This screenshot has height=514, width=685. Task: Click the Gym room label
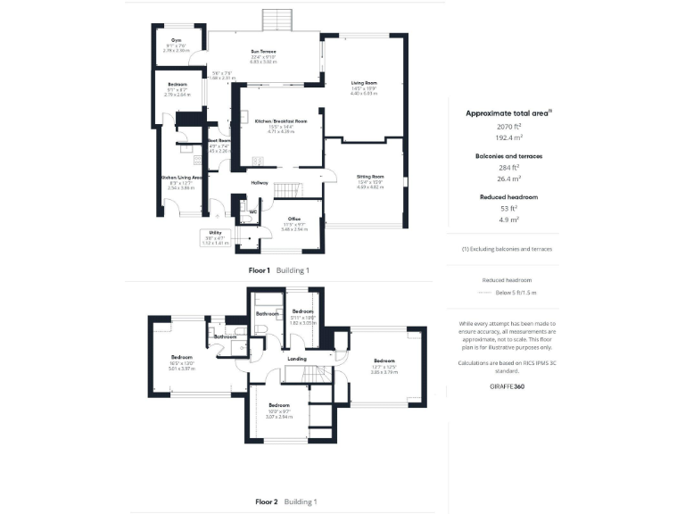(x=177, y=41)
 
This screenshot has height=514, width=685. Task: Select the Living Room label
(x=364, y=83)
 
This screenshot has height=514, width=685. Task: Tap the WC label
(x=253, y=211)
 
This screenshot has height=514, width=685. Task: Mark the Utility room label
(x=215, y=232)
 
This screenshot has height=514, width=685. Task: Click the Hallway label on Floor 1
(x=260, y=183)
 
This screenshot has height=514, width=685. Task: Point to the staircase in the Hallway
(x=286, y=190)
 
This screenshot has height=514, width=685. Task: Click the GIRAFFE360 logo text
(x=507, y=384)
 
